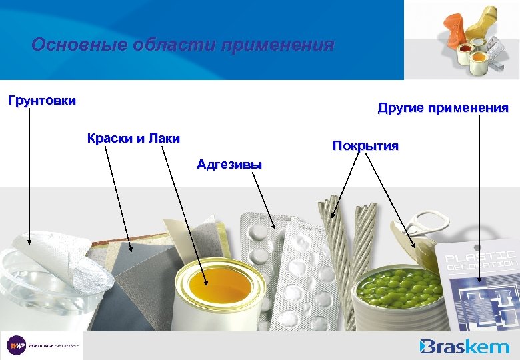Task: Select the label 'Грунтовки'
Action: click(x=42, y=101)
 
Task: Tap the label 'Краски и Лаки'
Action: click(x=133, y=138)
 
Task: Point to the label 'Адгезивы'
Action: click(x=229, y=164)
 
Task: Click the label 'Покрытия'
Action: click(x=365, y=145)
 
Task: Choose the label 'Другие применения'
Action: click(x=443, y=108)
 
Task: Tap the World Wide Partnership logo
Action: click(x=41, y=345)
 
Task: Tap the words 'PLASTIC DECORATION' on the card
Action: click(x=480, y=260)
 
